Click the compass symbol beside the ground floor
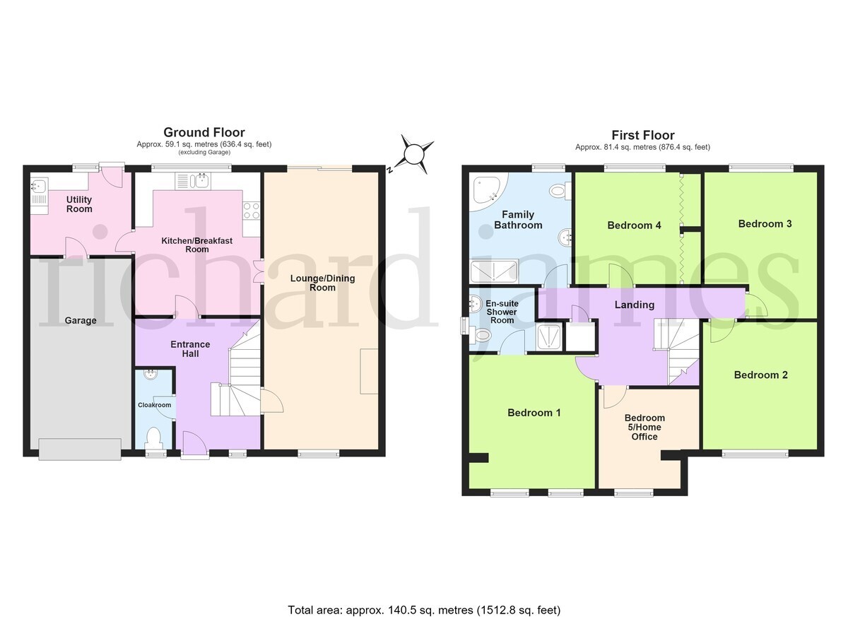point(415,155)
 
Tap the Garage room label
point(81,321)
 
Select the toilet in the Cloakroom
point(154,438)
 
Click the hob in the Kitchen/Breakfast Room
point(252,211)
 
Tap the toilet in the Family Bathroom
point(560,190)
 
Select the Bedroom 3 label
point(765,224)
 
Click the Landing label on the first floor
point(635,305)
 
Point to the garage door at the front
point(80,449)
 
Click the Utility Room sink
point(39,186)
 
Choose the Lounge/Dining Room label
point(322,283)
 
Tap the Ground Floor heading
point(204,132)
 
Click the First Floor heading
point(643,135)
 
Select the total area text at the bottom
point(424,589)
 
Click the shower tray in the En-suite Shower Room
point(550,336)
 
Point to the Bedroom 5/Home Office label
point(644,427)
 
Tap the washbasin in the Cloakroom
point(151,375)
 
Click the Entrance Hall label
point(190,349)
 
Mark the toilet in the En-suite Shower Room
point(481,335)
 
